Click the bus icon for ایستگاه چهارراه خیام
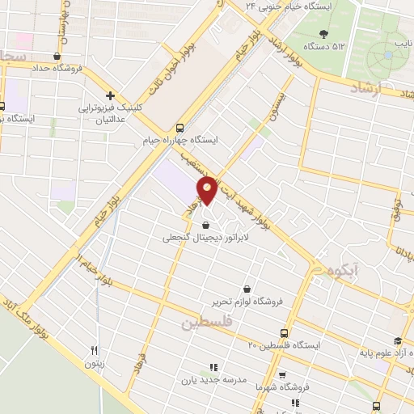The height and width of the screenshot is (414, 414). (180, 127)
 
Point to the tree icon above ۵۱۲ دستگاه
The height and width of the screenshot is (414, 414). (324, 33)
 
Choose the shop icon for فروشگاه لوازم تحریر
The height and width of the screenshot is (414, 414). (246, 288)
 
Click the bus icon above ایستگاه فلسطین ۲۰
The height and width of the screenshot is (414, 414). (283, 332)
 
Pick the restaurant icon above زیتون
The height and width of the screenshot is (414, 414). (94, 351)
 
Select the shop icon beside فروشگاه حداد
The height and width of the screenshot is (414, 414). (56, 56)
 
